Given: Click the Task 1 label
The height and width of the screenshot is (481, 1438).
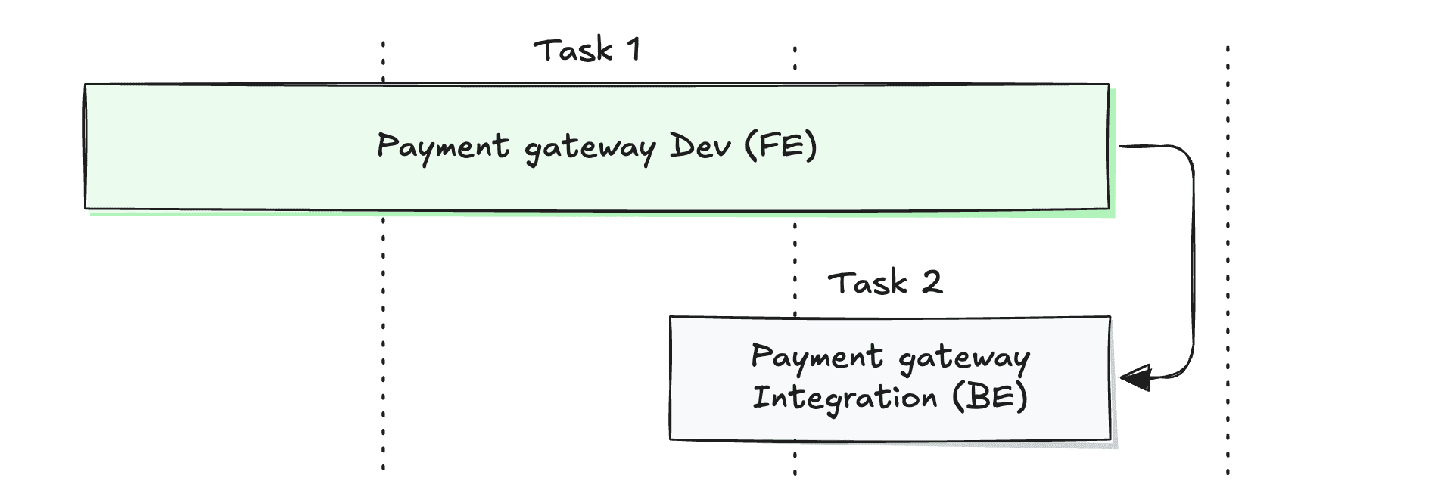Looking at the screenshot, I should point(587,51).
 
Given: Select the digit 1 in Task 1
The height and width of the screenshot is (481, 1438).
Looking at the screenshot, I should point(633,50).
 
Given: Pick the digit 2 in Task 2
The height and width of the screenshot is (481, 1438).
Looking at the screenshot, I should point(932,283).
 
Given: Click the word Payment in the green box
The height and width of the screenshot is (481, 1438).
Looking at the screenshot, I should point(443,147).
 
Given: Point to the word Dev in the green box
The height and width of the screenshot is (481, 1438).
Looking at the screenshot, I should point(700,146).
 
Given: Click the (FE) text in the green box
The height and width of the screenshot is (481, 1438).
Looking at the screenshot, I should point(781,145).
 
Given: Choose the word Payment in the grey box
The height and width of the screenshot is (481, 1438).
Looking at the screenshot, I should point(817,357).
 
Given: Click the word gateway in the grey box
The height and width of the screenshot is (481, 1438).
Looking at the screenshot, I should point(964,358).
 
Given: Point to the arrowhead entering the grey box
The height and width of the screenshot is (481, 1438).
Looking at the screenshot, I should point(1135,377).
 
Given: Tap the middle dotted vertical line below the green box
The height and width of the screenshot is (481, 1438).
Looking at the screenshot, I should point(795,257).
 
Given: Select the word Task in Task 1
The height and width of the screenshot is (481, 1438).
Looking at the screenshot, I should point(573,51).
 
